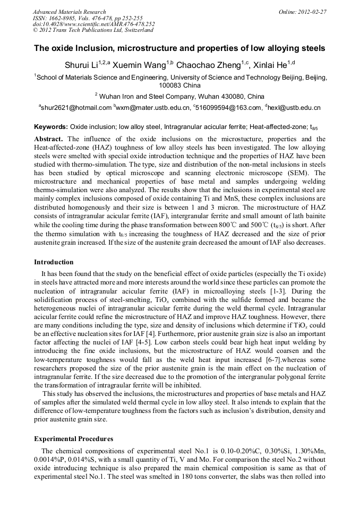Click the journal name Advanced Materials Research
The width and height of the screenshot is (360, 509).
click(69, 12)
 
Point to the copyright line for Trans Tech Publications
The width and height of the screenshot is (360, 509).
click(88, 31)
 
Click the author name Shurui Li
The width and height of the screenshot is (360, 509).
click(85, 65)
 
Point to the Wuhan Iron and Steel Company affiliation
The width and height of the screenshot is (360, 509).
click(181, 96)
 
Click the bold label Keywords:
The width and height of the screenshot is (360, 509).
click(50, 127)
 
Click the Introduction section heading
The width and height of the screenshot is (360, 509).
click(54, 262)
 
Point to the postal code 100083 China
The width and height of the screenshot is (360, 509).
click(180, 84)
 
